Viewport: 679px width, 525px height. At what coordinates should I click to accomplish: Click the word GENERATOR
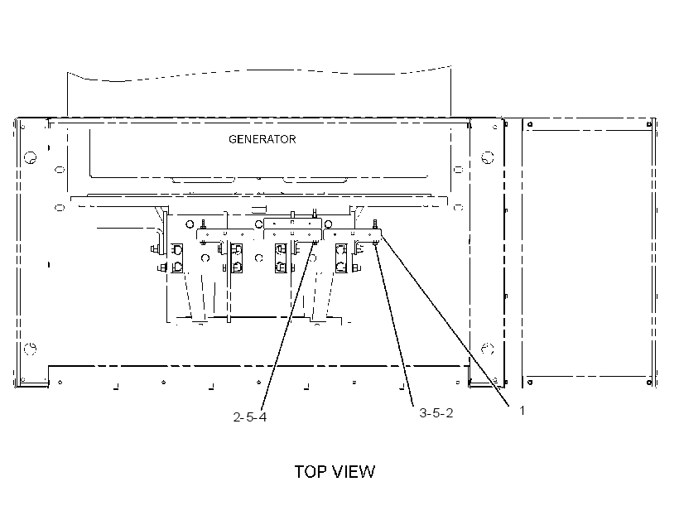(262, 139)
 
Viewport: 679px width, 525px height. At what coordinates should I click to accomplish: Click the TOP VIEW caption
(335, 472)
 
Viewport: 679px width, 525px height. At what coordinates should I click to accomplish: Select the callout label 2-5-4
(250, 417)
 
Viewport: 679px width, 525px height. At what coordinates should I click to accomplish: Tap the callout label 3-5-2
(436, 413)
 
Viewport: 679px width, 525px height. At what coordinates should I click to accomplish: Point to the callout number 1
(522, 410)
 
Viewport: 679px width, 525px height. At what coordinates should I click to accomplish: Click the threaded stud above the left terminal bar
(203, 224)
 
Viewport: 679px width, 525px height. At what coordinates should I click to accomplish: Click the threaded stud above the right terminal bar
(374, 224)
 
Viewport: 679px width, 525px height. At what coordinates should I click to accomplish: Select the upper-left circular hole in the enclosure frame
(31, 157)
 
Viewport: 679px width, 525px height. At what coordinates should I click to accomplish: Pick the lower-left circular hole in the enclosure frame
(31, 349)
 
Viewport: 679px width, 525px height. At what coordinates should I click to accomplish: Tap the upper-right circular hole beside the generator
(488, 157)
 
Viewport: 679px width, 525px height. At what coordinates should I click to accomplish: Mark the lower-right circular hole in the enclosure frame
(488, 349)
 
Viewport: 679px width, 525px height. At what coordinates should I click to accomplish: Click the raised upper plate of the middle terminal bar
(293, 224)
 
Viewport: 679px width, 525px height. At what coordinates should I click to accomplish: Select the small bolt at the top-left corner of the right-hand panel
(530, 125)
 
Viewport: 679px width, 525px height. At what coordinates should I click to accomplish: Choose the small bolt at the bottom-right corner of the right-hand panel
(648, 382)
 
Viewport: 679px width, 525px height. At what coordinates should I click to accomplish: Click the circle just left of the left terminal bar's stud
(190, 224)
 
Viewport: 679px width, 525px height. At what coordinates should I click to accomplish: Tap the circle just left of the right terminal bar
(328, 224)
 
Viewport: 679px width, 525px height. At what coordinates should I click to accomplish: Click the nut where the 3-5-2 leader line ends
(375, 245)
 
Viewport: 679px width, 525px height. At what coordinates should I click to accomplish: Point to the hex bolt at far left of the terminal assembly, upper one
(154, 249)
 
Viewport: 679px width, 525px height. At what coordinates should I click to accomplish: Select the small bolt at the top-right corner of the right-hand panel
(648, 125)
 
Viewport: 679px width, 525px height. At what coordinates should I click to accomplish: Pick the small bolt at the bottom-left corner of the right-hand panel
(530, 382)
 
